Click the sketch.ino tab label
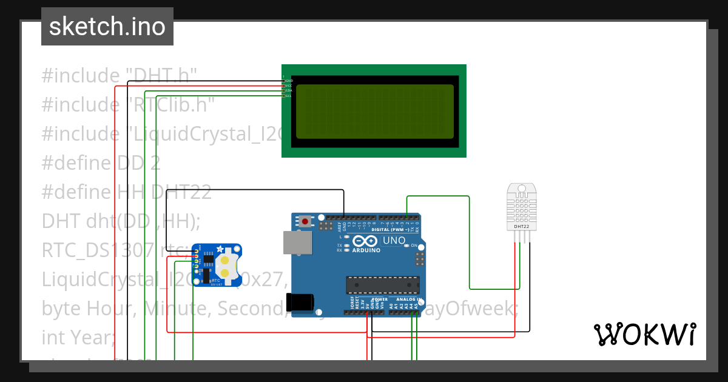[x=107, y=27]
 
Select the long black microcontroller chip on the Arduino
[x=382, y=284]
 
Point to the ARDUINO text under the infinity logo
[x=366, y=250]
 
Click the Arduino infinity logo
[x=366, y=241]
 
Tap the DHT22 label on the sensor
[x=521, y=226]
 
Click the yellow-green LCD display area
[x=374, y=111]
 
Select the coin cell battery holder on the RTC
[x=227, y=267]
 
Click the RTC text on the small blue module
[x=215, y=280]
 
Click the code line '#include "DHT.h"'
[x=120, y=76]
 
